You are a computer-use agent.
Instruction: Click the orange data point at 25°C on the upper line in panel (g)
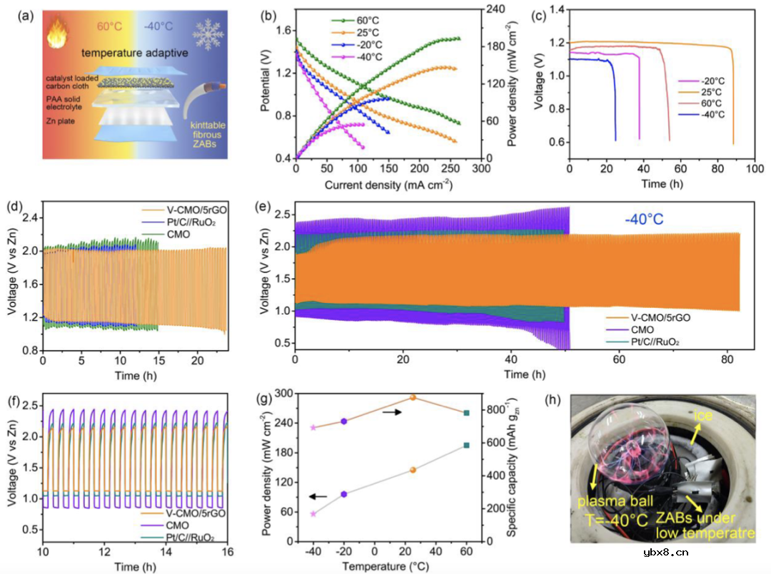(413, 397)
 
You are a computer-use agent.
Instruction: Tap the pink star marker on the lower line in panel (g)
(313, 513)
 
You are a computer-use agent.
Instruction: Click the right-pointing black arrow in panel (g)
(392, 411)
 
